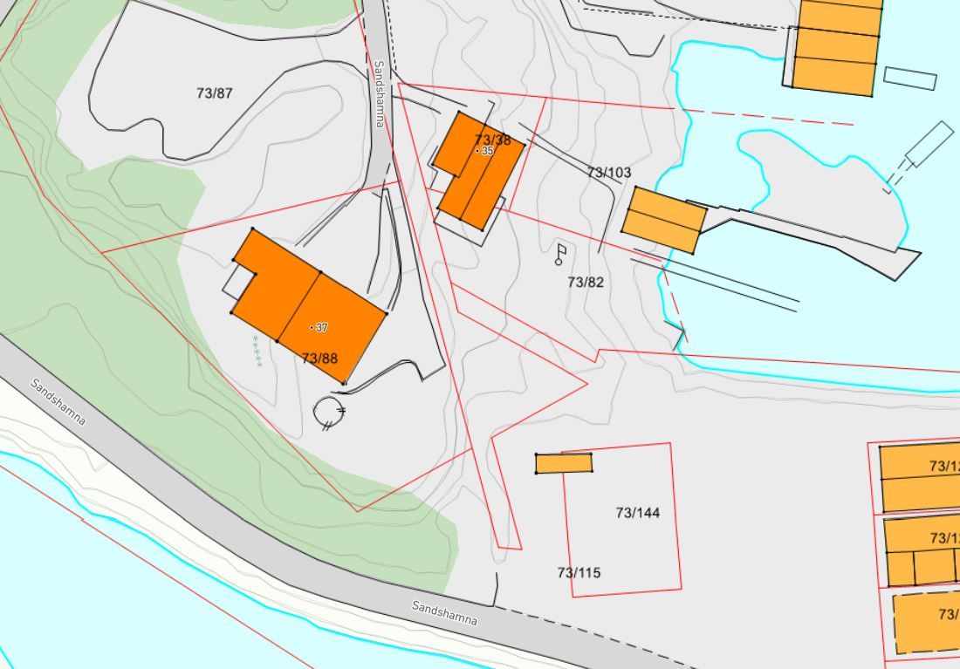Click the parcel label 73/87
coord(215,93)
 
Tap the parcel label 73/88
coord(319,358)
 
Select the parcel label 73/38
coord(492,140)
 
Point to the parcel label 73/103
coord(608,173)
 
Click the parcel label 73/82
coord(586,282)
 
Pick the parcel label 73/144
coord(638,512)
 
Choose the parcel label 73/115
coord(579,572)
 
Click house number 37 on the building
coord(321,328)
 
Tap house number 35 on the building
coord(487,151)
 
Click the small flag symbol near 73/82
coord(560,254)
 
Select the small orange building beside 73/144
coord(564,463)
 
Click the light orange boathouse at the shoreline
coord(664,221)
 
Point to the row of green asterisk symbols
coord(257,351)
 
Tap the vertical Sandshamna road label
coord(379,93)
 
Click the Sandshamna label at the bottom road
coord(445,613)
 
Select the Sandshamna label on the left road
coord(58,401)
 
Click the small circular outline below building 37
coord(330,411)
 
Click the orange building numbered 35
coord(478,170)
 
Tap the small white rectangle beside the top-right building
coord(909,78)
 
